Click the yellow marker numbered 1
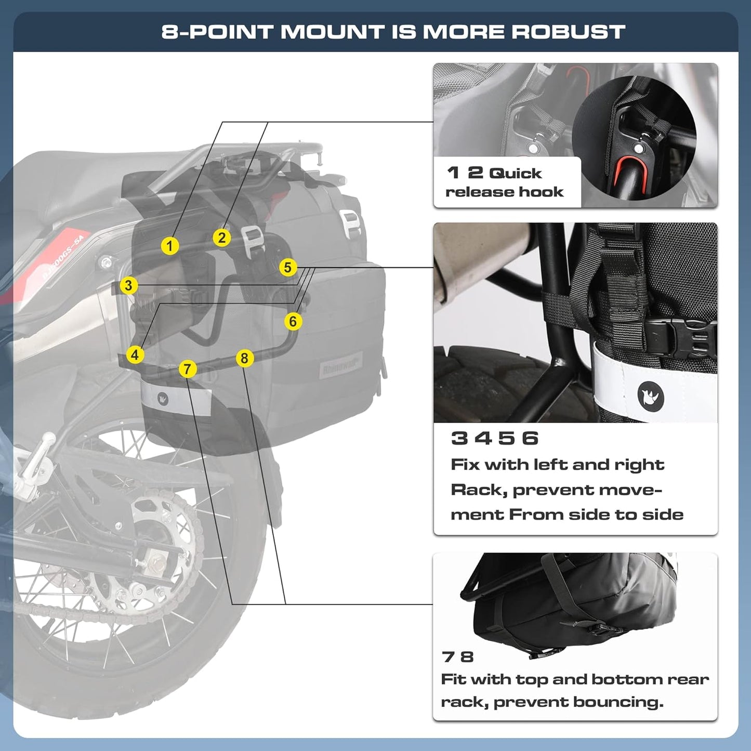point(170,246)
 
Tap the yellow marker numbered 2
point(222,238)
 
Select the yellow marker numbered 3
point(128,285)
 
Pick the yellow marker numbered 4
point(135,355)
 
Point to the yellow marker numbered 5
point(287,268)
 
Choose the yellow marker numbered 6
point(293,322)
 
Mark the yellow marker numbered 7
point(188,370)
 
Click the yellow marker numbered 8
point(244,358)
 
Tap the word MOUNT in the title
point(333,32)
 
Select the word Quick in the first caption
point(515,174)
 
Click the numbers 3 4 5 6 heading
point(494,439)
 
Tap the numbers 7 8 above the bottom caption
point(458,657)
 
